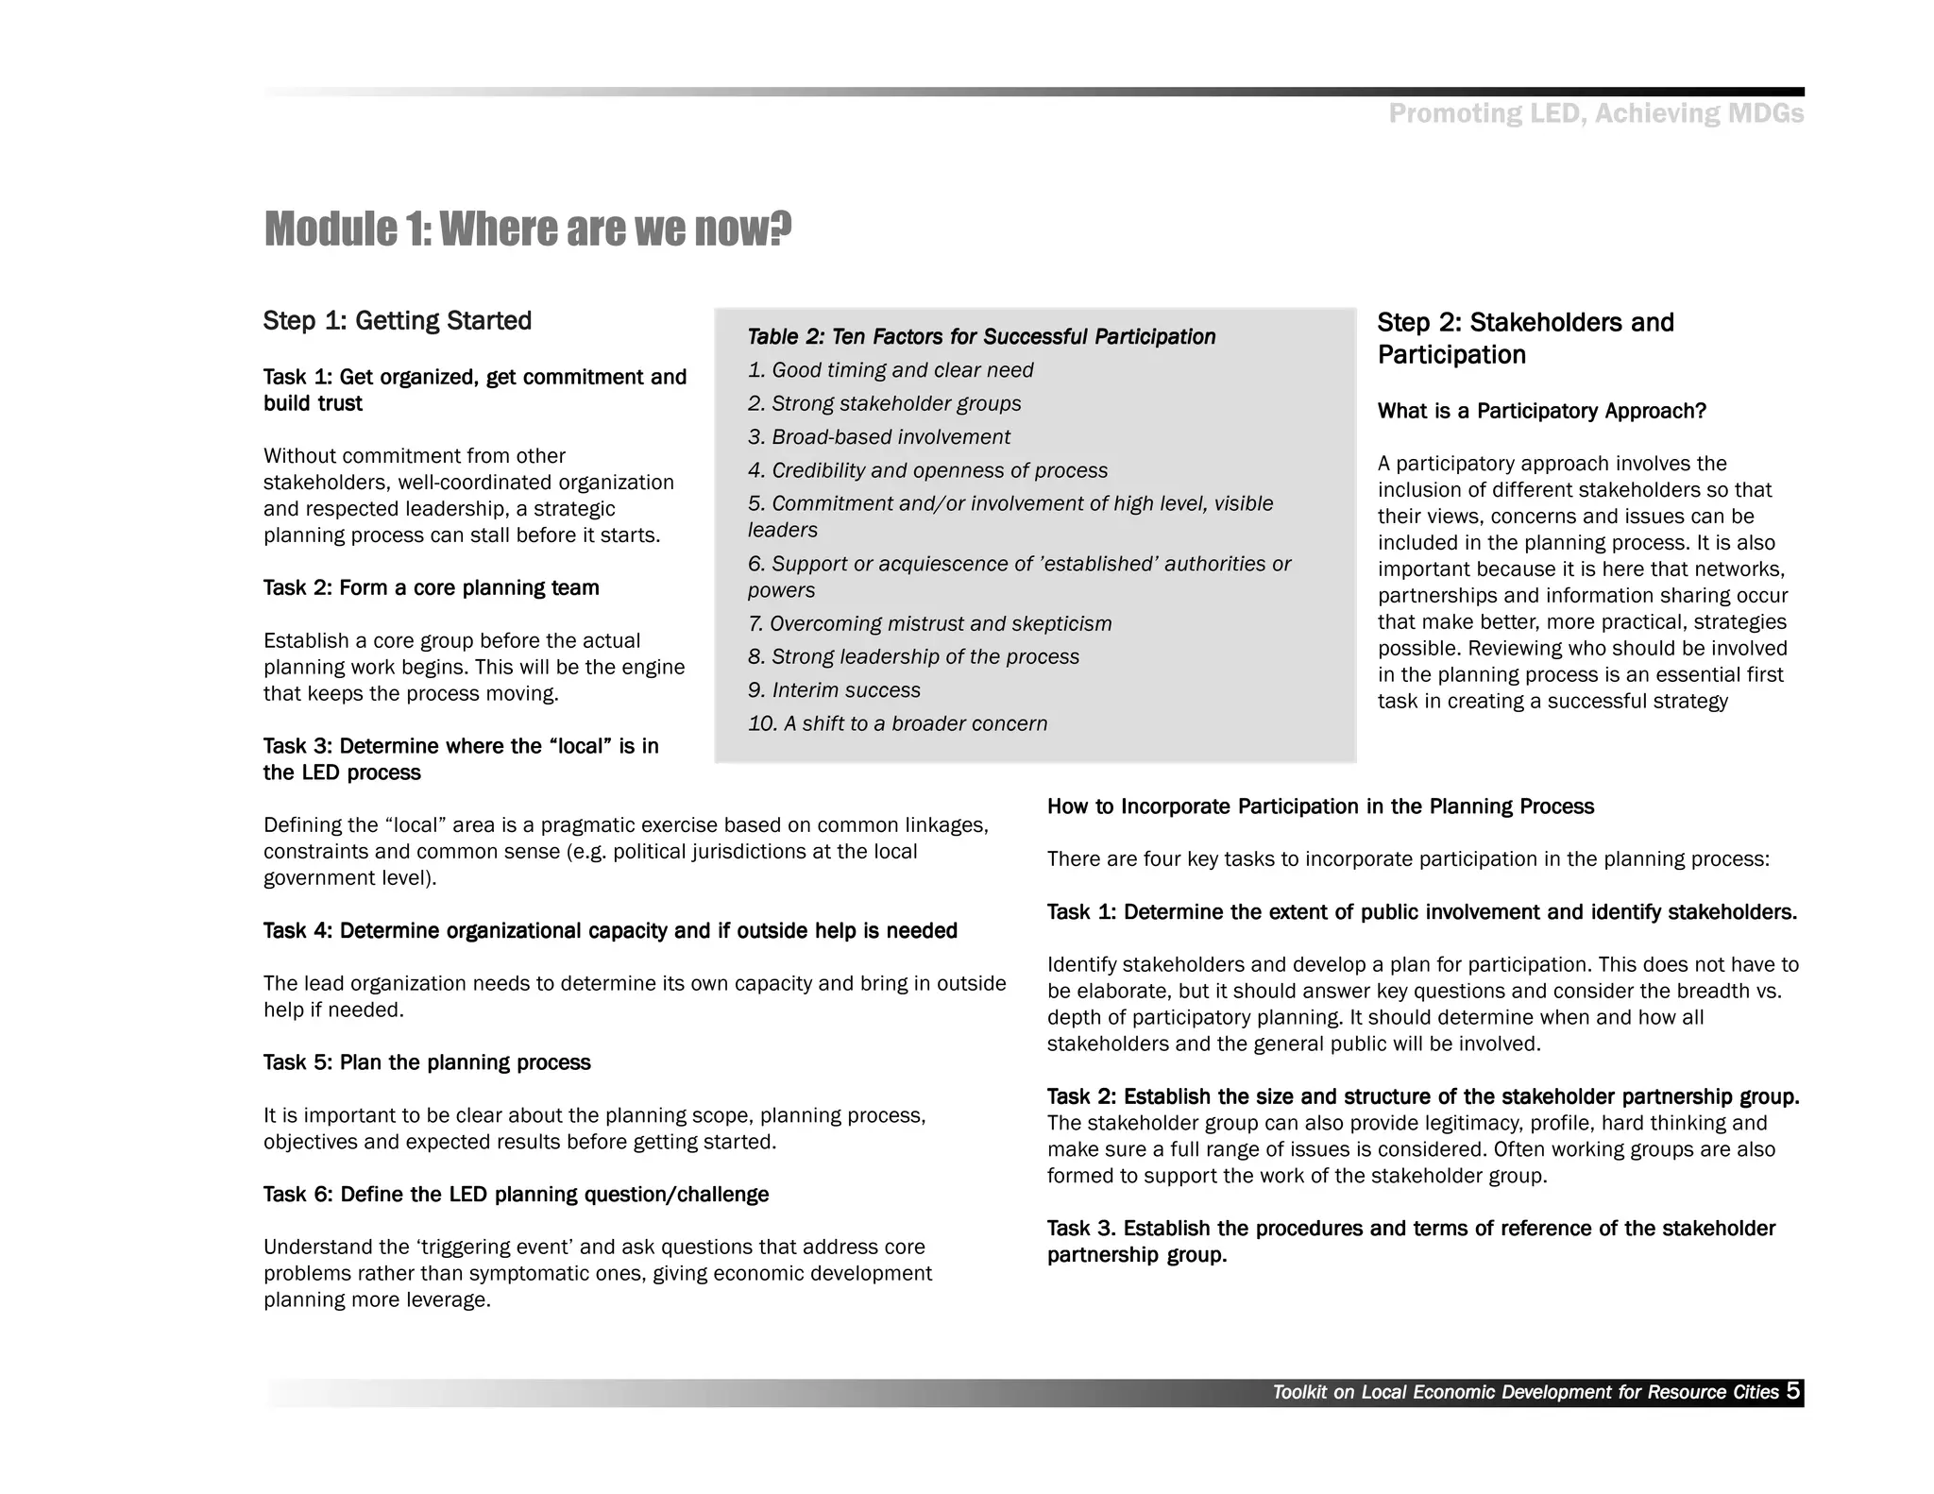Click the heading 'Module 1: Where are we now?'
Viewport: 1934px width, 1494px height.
pos(527,229)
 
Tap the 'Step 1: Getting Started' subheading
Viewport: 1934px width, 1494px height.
pos(397,321)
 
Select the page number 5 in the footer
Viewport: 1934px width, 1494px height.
pos(1792,1391)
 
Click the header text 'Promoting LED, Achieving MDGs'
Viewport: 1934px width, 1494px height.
pos(1595,114)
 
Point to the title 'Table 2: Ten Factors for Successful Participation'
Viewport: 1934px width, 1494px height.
pos(981,337)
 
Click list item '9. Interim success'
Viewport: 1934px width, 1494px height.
pos(834,690)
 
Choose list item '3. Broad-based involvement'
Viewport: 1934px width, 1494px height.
pos(878,437)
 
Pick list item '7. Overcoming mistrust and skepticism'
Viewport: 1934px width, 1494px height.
pos(929,624)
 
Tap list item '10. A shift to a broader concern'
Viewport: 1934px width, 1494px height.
pos(897,723)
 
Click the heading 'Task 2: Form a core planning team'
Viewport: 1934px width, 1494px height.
pos(431,588)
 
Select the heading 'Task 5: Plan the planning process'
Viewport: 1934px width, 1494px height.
pos(427,1063)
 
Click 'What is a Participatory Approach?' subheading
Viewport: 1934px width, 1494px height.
pos(1541,412)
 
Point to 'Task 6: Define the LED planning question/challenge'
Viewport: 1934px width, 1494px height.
pos(516,1195)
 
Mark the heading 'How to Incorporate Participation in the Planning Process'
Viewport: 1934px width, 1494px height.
pos(1320,807)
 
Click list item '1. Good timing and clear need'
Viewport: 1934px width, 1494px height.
pos(890,370)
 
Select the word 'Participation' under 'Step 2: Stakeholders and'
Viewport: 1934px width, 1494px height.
pos(1450,355)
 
